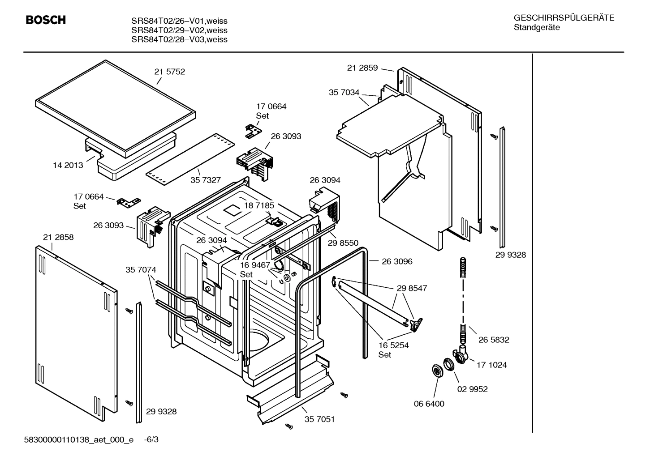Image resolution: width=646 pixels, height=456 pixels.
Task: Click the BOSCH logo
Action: tap(46, 20)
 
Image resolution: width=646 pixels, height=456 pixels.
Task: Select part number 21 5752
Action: tap(169, 72)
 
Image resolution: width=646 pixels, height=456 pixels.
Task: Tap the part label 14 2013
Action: tap(68, 165)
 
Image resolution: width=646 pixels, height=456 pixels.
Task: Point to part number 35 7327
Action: tap(206, 180)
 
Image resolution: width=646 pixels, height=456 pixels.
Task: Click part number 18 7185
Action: tap(259, 205)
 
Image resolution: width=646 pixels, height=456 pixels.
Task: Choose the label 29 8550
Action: tap(343, 243)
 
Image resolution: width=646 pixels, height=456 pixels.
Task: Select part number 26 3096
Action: tap(397, 261)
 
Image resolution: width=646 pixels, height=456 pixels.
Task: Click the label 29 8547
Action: tap(412, 288)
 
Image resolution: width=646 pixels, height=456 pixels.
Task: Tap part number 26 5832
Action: tap(494, 340)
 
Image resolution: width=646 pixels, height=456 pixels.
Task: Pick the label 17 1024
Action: tap(491, 365)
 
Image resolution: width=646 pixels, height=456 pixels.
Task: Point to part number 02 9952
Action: tap(472, 389)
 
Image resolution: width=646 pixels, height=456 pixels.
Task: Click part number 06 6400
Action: tap(429, 404)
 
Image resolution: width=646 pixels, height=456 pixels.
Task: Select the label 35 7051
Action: tap(319, 419)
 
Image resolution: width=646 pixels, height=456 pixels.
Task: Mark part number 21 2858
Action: tap(58, 237)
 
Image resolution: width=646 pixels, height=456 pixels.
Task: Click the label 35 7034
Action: tap(344, 93)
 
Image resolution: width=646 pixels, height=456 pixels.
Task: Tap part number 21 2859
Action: tap(362, 68)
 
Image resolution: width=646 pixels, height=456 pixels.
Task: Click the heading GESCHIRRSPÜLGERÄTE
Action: tap(564, 18)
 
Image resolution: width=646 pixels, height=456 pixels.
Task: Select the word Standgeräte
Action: tap(536, 28)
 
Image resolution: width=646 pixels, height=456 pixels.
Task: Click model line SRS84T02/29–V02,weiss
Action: tap(179, 30)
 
